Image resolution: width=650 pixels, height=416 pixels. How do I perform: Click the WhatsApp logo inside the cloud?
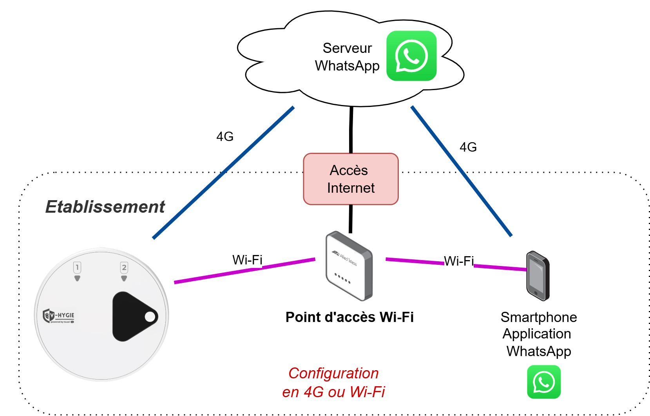411,56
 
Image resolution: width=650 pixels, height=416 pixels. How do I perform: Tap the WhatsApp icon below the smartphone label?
543,382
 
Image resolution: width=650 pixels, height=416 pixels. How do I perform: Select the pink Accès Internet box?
351,179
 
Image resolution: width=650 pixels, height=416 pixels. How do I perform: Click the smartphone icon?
538,276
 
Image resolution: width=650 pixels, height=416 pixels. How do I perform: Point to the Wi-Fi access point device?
349,266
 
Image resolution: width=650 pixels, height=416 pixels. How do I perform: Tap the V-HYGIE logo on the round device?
58,316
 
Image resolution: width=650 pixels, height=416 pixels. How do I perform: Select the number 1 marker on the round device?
77,268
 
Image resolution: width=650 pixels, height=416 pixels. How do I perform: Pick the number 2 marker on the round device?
124,268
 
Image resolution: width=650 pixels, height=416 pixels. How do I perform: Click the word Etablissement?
105,207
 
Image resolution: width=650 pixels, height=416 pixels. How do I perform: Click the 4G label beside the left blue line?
225,136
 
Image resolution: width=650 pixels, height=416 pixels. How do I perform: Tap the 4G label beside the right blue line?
468,147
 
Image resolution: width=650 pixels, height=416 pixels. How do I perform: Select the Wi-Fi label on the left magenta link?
247,260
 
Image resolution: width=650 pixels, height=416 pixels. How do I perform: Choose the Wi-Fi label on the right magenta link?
459,261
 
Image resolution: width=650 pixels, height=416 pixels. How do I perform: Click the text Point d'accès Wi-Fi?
349,317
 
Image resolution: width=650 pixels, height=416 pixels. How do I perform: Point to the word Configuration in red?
333,373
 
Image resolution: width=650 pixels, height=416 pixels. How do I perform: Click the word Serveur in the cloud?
347,48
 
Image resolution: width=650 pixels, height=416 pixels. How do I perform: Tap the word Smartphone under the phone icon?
538,317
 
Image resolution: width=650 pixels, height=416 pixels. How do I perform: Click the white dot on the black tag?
150,317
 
